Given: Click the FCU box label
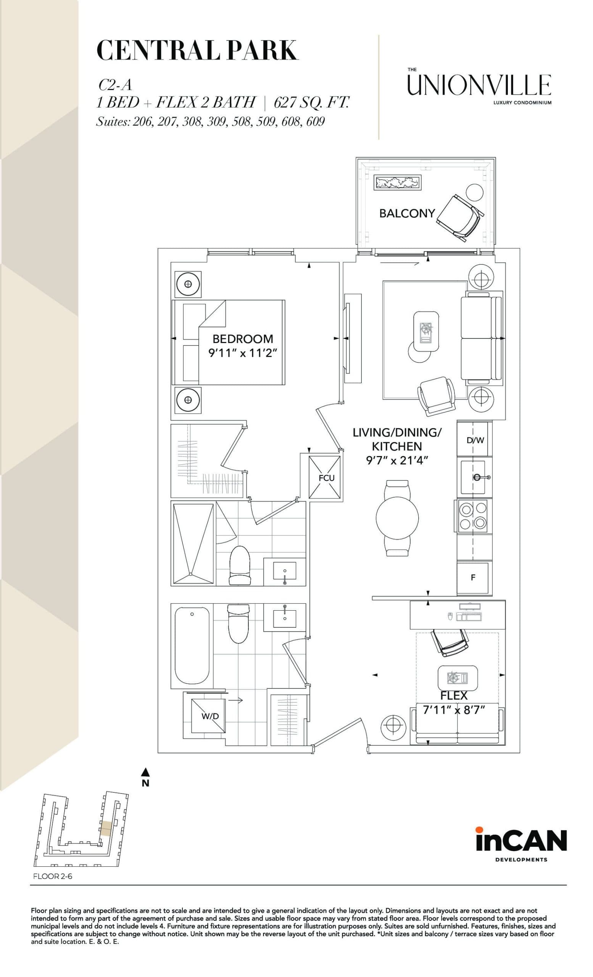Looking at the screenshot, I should coord(326,478).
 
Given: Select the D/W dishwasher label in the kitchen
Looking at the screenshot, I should coord(475,440).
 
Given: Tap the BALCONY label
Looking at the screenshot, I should coord(407,213).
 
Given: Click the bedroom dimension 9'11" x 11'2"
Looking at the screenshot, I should coord(242,353).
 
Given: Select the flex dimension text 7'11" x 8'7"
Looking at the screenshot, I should coord(454,710).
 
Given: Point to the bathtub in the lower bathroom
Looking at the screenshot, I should coord(192,646).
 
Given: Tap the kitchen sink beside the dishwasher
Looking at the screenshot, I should coord(473,477).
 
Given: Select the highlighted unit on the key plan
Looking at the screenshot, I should coord(105,828).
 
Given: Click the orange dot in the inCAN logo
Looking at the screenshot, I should coord(479,829).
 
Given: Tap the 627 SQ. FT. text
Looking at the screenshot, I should coord(311,102).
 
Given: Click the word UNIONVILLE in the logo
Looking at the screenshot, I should coord(479,85).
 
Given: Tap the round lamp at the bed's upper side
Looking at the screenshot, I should coord(188,284).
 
